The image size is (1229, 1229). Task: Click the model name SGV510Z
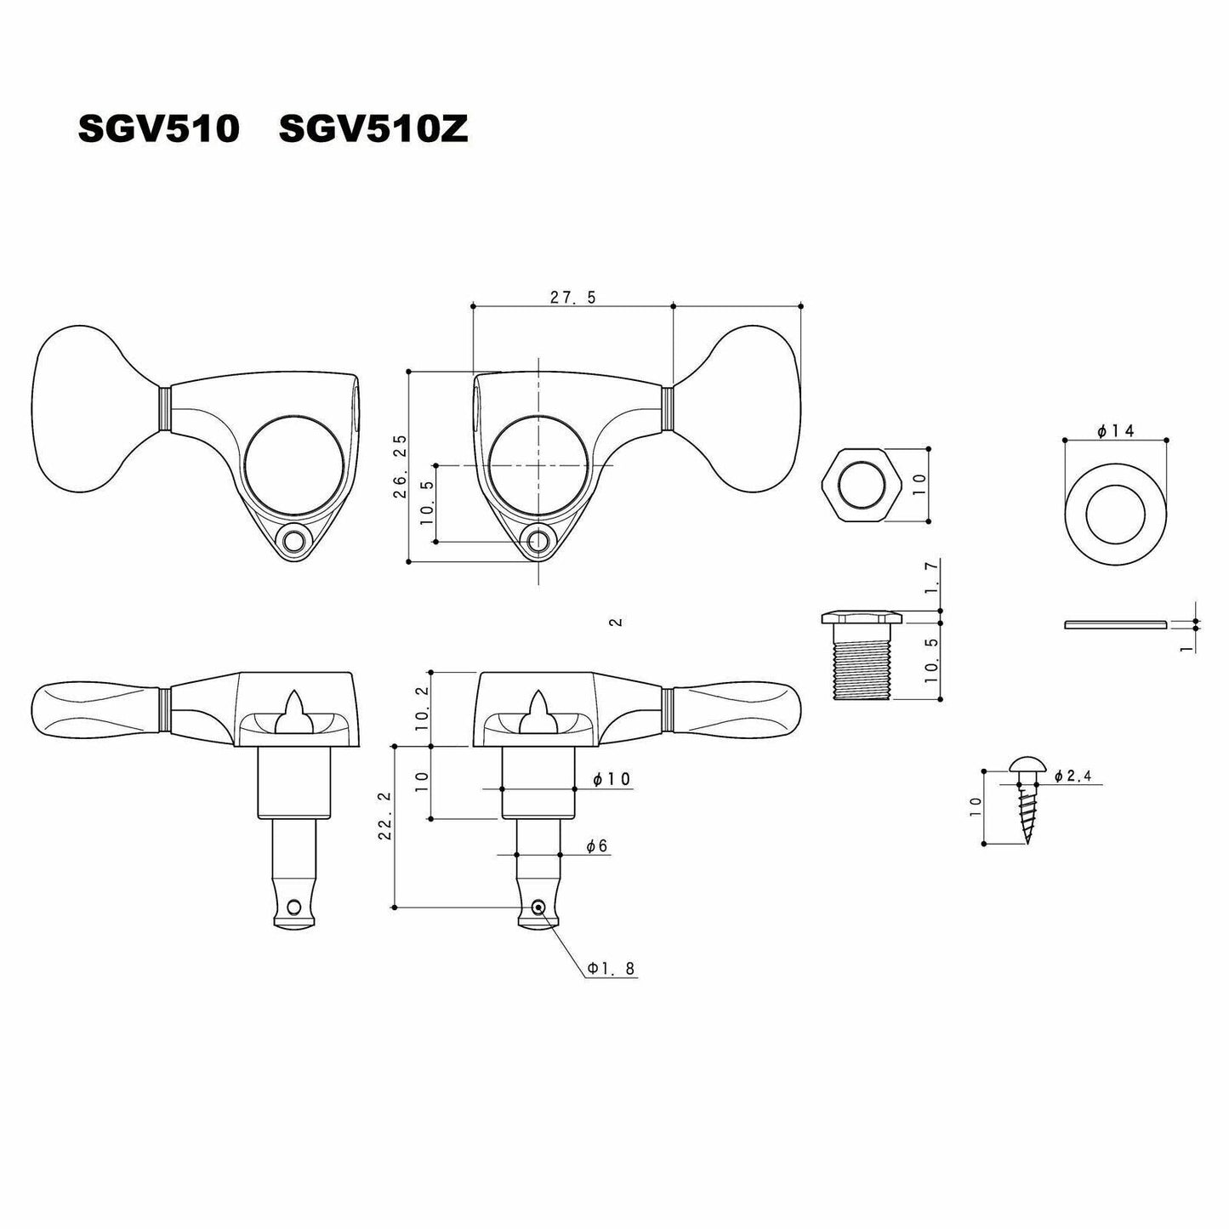pos(373,129)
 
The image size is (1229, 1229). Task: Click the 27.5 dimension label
pos(572,298)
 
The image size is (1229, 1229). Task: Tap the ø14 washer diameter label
pos(1116,431)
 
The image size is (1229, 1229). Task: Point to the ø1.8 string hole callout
pos(611,968)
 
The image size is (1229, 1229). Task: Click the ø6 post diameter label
pos(596,845)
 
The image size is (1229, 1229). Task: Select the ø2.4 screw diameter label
pos(1073,776)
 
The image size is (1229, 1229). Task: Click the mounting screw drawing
pos(1026,801)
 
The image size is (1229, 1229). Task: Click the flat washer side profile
pos(1114,624)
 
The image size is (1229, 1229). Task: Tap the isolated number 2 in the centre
pos(617,623)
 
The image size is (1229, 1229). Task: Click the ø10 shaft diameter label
pos(612,780)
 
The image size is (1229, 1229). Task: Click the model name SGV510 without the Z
pos(158,129)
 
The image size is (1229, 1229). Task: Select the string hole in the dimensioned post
pos(538,908)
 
